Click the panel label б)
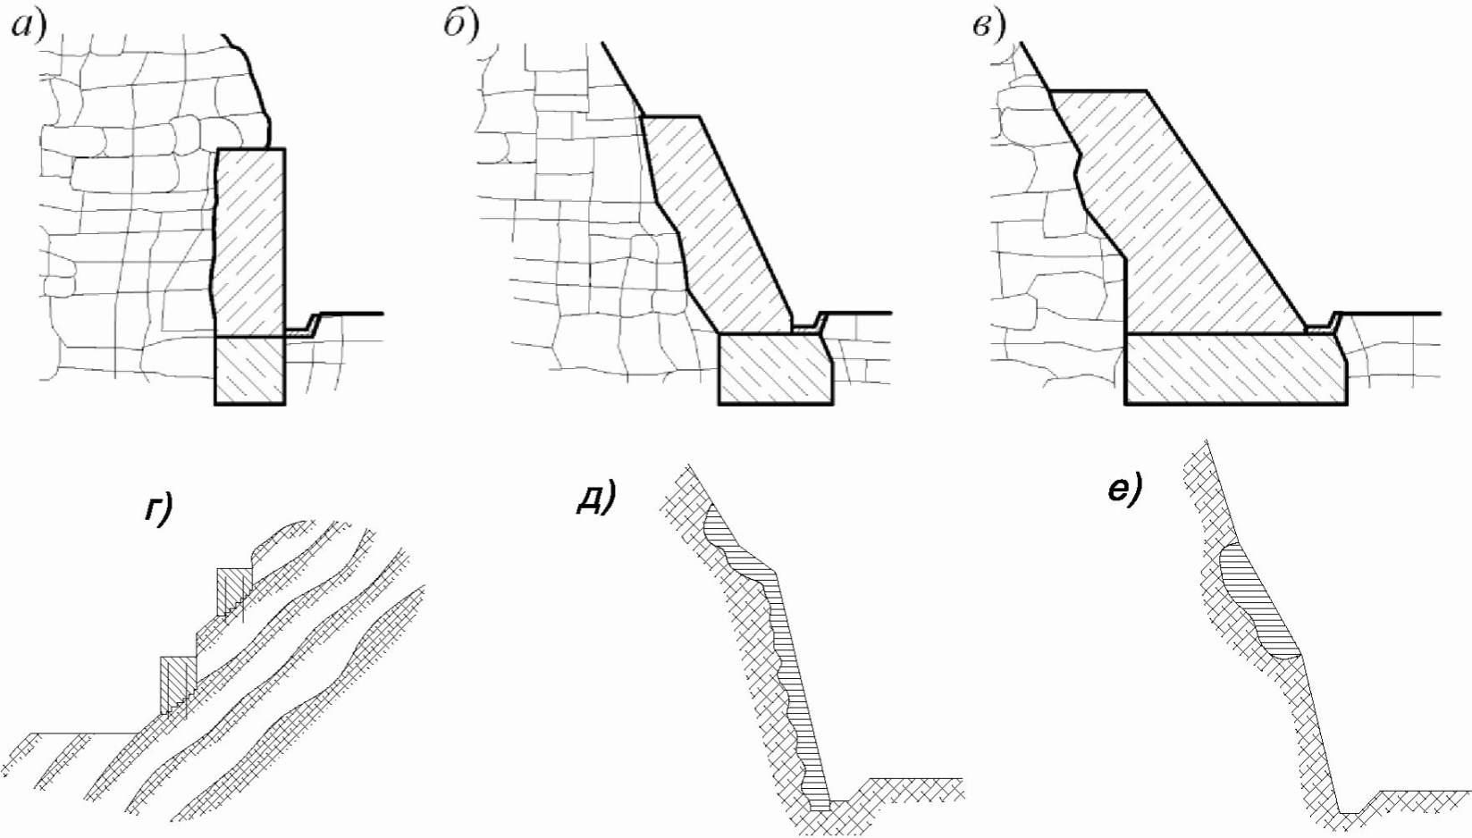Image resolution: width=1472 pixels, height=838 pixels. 461,26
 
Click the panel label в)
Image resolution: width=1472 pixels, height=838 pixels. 988,26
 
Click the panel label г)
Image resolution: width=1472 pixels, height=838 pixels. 158,509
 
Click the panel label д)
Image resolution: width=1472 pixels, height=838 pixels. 595,497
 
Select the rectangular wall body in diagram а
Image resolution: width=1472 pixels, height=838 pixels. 251,241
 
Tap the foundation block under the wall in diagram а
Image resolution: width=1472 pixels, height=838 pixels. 249,370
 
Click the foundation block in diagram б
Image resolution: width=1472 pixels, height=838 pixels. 774,368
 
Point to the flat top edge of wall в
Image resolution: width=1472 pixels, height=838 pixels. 1098,90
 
